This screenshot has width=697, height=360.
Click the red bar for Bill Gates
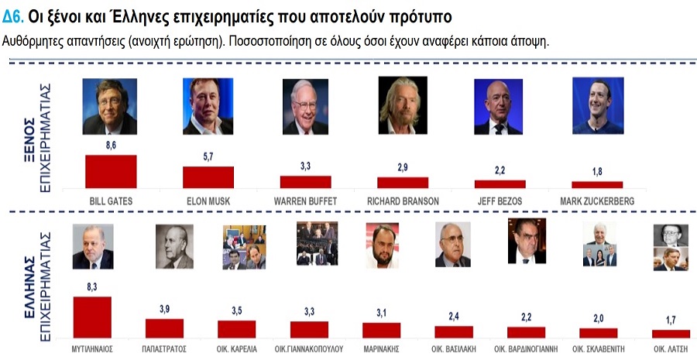pyautogui.click(x=111, y=171)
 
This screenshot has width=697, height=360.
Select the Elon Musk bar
pyautogui.click(x=208, y=177)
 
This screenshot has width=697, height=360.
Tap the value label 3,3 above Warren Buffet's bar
pyautogui.click(x=306, y=167)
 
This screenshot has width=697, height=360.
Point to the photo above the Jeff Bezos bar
pyautogui.click(x=497, y=107)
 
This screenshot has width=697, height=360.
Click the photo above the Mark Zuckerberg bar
pyautogui.click(x=597, y=106)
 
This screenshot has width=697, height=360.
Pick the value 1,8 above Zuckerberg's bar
pyautogui.click(x=597, y=172)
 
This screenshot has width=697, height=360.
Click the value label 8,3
pyautogui.click(x=92, y=287)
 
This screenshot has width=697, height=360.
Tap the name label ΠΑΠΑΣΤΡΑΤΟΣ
pyautogui.click(x=165, y=348)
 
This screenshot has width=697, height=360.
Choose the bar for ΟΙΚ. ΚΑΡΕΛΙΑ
pyautogui.click(x=237, y=329)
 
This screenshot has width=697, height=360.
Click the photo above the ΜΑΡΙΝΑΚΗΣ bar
pyautogui.click(x=382, y=246)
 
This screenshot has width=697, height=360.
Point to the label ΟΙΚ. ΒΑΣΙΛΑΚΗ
pyautogui.click(x=454, y=348)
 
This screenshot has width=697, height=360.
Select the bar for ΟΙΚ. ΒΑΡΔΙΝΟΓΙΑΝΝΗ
pyautogui.click(x=527, y=332)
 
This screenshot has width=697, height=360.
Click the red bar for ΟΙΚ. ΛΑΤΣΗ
pyautogui.click(x=671, y=334)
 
